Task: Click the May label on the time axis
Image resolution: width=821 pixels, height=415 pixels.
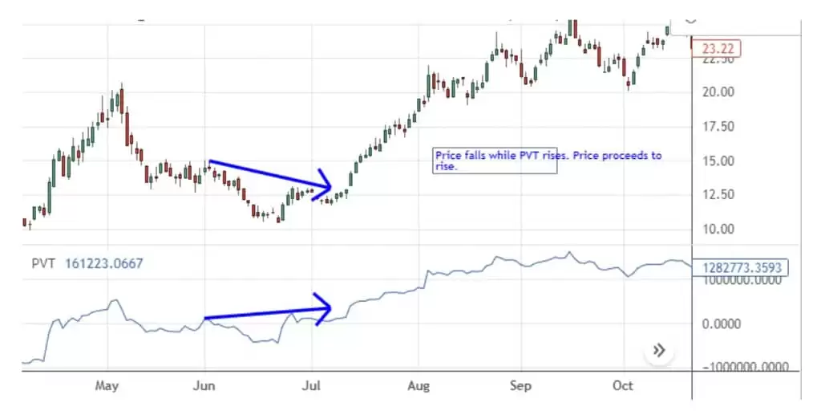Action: click(x=107, y=386)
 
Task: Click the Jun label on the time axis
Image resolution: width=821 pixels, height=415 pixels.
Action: click(x=204, y=386)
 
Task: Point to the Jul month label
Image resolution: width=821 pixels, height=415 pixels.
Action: click(x=311, y=386)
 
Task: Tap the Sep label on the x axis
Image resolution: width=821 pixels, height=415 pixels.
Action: click(x=520, y=386)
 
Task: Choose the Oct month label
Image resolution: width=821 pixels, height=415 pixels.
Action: click(x=623, y=386)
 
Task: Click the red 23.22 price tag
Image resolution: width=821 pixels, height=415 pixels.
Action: click(x=717, y=49)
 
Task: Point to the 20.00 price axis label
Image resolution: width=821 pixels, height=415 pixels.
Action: click(x=718, y=92)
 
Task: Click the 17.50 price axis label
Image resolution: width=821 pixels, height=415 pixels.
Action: click(x=718, y=126)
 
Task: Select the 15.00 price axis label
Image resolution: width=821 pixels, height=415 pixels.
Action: click(x=718, y=161)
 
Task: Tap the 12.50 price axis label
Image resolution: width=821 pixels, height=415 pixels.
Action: click(x=718, y=194)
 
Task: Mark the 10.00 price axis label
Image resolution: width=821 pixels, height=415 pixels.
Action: click(x=718, y=229)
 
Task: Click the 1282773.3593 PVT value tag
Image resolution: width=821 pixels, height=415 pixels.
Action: click(x=745, y=268)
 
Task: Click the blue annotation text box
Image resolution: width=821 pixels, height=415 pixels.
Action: click(x=548, y=161)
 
